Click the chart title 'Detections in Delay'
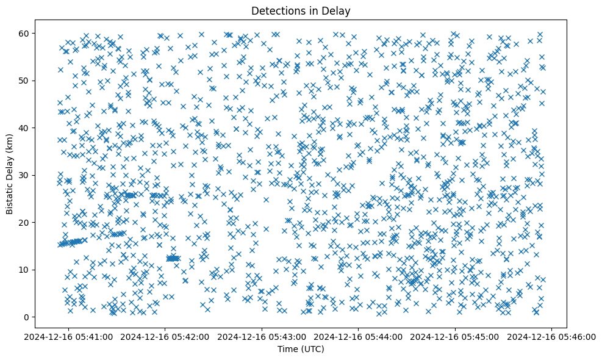tap(301, 10)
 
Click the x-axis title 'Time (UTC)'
tap(301, 350)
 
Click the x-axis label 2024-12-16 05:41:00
tap(69, 336)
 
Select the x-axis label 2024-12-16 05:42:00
tap(166, 336)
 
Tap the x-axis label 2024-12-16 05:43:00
tap(262, 336)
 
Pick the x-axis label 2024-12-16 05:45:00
tap(456, 336)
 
